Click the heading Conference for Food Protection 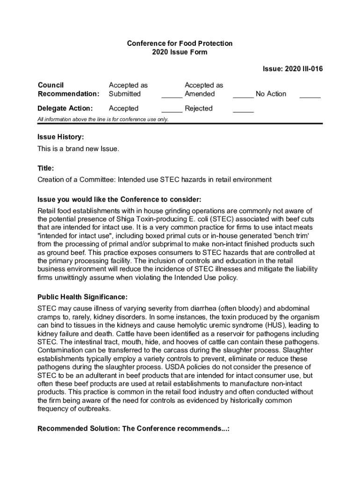tap(180, 44)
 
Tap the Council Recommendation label tap(68, 89)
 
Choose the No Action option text tap(271, 94)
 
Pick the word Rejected tap(199, 109)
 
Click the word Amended tap(200, 94)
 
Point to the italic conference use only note tap(103, 120)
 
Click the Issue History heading tap(61, 137)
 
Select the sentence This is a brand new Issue tap(78, 149)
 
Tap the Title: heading tap(46, 168)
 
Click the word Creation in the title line tap(51, 180)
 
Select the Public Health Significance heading tap(82, 297)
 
